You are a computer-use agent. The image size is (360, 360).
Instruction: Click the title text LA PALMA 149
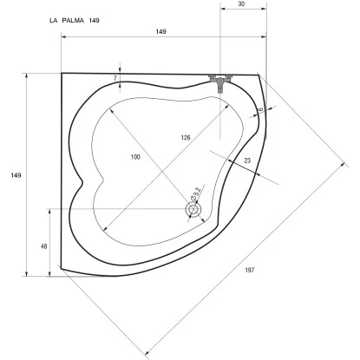pos(75,21)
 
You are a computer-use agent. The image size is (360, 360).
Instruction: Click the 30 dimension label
pos(242,3)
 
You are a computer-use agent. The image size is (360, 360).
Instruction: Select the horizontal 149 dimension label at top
pos(161,31)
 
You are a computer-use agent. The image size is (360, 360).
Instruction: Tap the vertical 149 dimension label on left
pos(16,175)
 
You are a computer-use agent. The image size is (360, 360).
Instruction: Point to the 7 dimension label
pos(115,78)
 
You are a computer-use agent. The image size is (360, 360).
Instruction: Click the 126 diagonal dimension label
pos(186,138)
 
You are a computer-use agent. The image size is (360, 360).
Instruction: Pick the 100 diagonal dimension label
pos(135,157)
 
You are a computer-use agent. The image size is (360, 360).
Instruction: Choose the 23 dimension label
pos(247,160)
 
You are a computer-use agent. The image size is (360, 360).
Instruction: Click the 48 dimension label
pos(44,246)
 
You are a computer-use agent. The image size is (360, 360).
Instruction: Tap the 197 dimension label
pos(250,270)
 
